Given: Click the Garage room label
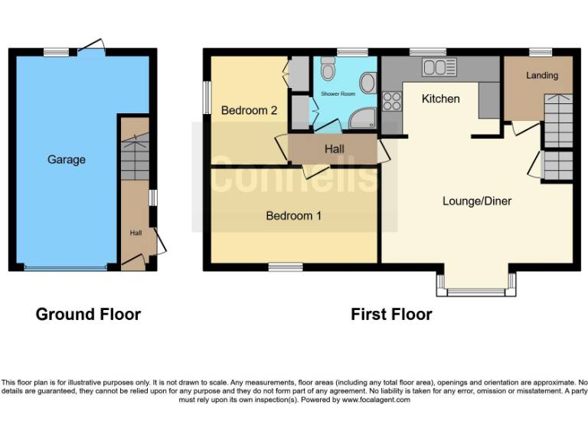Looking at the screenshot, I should click(x=67, y=160).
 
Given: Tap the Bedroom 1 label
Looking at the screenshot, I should click(x=293, y=216).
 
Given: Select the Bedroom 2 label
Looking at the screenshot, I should click(x=249, y=110).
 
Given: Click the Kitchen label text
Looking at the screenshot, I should click(x=441, y=99).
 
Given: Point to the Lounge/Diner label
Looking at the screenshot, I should click(x=476, y=201).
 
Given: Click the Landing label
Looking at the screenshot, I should click(x=541, y=76).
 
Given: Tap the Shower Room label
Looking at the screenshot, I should click(x=338, y=93).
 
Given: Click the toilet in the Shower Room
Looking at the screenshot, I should click(x=328, y=70).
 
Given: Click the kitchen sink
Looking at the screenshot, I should click(x=439, y=68).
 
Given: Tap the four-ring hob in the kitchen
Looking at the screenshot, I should click(x=392, y=101).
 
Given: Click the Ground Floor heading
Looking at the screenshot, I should click(x=88, y=314).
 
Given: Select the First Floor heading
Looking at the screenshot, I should click(x=391, y=314).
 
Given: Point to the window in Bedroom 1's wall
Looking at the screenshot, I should click(x=286, y=267).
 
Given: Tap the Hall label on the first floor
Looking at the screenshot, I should click(x=334, y=149).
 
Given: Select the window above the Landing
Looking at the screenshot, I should click(x=541, y=52).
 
